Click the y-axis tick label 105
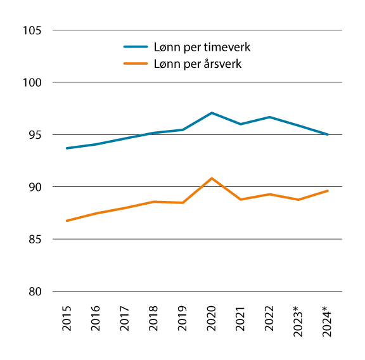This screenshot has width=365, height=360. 32,30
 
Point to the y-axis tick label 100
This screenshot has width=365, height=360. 32,82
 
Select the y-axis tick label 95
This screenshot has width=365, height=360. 35,135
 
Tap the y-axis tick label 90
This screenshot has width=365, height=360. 35,187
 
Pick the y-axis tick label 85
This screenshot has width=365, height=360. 35,240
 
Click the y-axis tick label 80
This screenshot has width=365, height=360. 35,292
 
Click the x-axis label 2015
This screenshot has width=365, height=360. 67,319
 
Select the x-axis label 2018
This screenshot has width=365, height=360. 153,319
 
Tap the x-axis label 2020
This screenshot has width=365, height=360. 212,319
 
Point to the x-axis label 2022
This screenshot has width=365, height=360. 269,319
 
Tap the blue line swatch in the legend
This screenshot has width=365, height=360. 135,47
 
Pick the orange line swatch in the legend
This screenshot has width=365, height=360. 135,64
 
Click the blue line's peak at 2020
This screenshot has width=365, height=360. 212,113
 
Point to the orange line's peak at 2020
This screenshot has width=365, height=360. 212,178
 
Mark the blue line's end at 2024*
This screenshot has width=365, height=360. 327,134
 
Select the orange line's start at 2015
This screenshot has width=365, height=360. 67,221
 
